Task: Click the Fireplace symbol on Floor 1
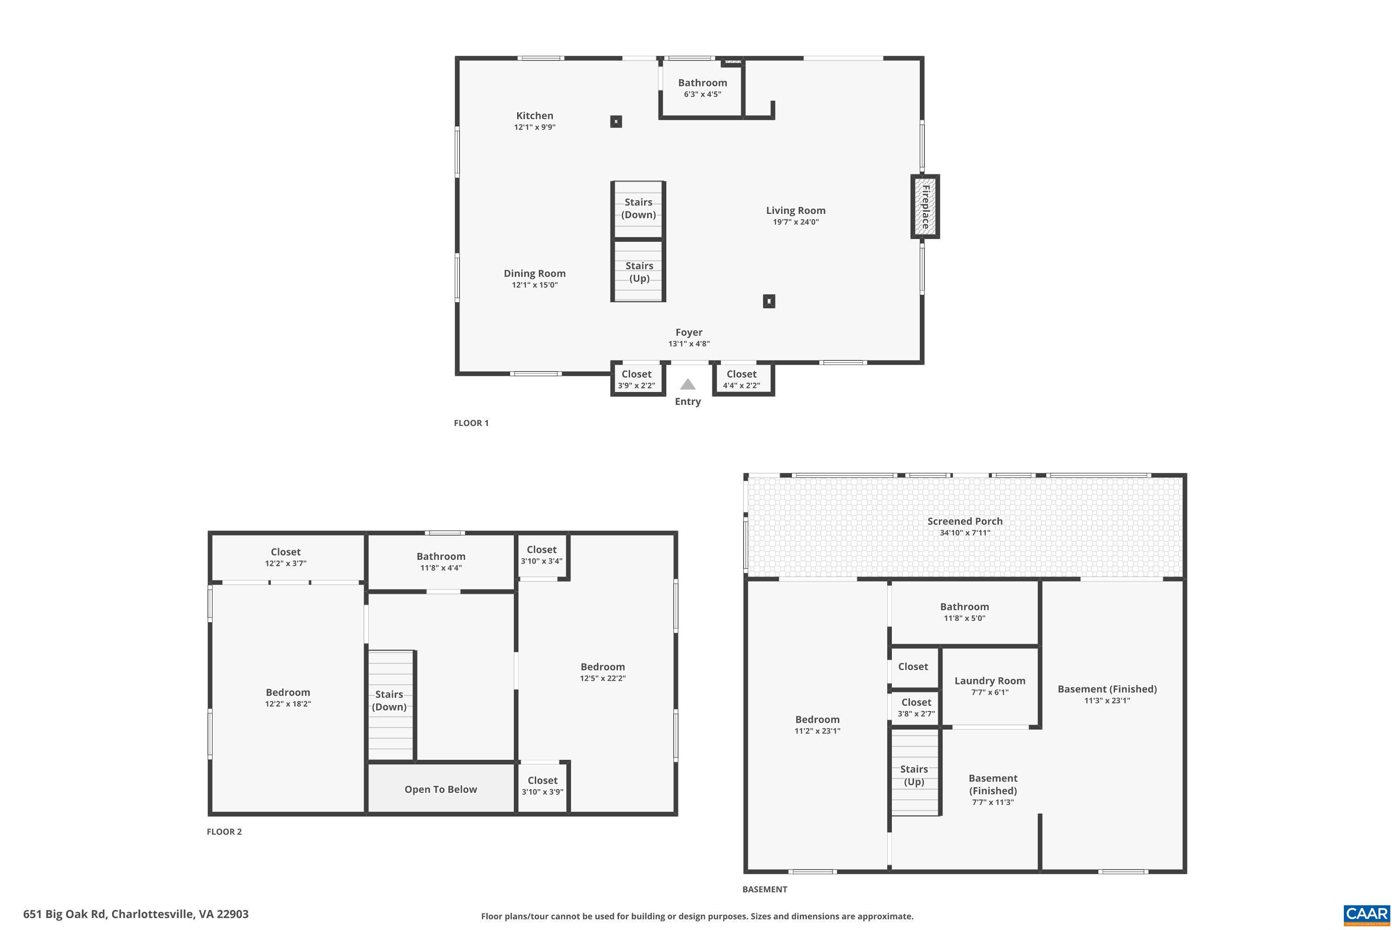click(925, 207)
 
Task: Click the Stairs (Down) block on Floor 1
click(638, 209)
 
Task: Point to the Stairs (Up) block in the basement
click(914, 775)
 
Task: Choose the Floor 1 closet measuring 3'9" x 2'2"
click(637, 379)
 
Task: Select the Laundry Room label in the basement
click(990, 681)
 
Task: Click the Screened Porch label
click(965, 521)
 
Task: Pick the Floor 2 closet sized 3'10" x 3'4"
click(542, 555)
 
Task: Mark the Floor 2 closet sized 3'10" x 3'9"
click(542, 786)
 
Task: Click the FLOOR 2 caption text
click(224, 831)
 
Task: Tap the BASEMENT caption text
click(764, 889)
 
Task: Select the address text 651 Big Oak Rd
click(136, 914)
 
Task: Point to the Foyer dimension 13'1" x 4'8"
click(689, 344)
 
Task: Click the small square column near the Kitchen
click(616, 121)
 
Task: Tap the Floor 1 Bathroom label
click(702, 83)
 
